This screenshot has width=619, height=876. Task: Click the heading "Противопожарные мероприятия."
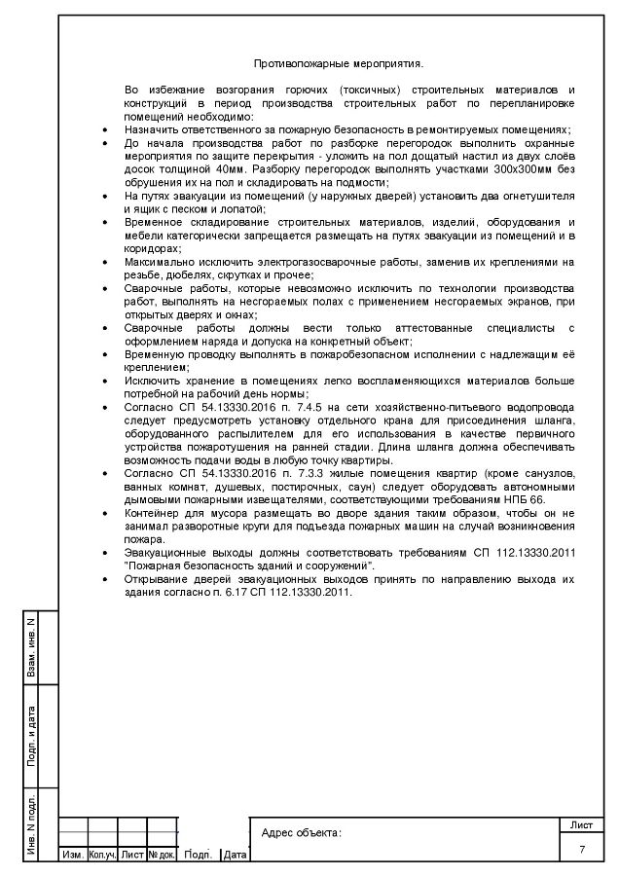point(338,64)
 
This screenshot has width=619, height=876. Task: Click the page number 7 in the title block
point(582,850)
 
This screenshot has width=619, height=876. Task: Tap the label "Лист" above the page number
point(582,825)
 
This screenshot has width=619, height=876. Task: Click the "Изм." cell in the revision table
point(72,856)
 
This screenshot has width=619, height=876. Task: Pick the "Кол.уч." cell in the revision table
point(102,856)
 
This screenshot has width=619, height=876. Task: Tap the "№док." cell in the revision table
point(162,856)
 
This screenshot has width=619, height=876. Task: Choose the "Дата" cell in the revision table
point(235,856)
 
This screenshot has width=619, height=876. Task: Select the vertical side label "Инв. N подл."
point(32,827)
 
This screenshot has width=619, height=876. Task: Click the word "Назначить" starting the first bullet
point(151,128)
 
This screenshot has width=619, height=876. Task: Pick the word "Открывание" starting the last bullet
point(156,578)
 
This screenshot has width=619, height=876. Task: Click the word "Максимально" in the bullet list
point(158,262)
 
